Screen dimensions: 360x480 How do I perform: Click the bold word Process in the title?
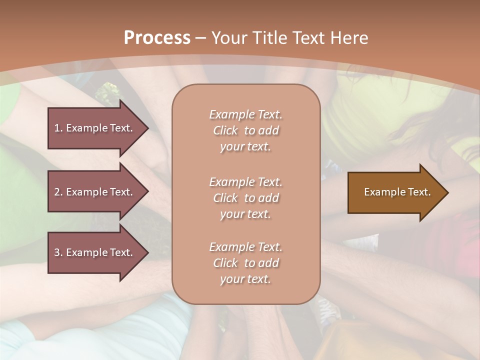coord(157,38)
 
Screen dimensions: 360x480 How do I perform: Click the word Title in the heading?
coord(272,38)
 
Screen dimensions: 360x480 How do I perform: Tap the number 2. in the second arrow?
coord(58,192)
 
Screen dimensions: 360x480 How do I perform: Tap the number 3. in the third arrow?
coord(58,252)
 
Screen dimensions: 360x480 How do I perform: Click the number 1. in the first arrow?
coord(58,128)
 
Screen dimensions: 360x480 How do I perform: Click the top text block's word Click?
coord(225,130)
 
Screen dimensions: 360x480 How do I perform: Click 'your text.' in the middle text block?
coord(245,214)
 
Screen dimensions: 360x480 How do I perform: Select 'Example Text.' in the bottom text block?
coord(245,247)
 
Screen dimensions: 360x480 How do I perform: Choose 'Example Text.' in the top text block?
coord(245,114)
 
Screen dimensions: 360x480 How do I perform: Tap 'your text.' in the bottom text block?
coord(245,279)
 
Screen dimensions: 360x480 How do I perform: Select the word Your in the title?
coord(230,38)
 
